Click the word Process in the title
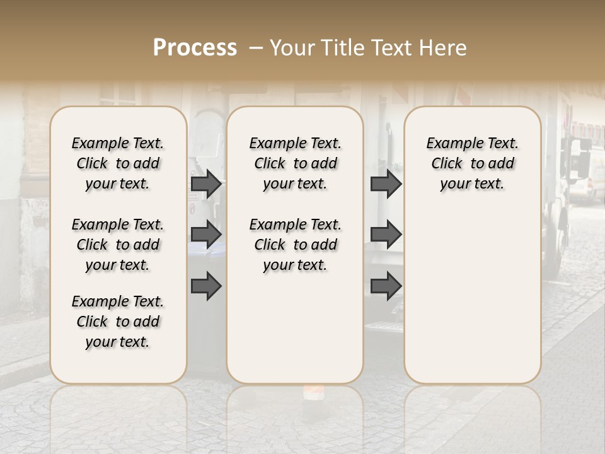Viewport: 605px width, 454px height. [x=195, y=48]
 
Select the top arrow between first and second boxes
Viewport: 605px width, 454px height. [x=206, y=183]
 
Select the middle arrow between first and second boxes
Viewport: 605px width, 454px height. [x=206, y=235]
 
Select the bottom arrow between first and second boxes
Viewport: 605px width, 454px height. [x=206, y=286]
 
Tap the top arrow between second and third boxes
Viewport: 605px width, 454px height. [x=386, y=183]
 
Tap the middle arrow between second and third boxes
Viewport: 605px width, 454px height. [x=386, y=235]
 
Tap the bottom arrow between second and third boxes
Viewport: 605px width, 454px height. [x=386, y=286]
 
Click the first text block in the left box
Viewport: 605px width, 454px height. [x=118, y=163]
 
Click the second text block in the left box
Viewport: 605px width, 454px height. [x=118, y=245]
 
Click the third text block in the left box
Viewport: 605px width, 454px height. [x=118, y=322]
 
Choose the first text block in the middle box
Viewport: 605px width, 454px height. [x=295, y=163]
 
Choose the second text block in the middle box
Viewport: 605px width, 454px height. [x=295, y=245]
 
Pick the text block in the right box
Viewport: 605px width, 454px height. [x=472, y=163]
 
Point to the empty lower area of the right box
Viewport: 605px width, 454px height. [x=472, y=303]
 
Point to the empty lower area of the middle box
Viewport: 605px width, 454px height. [x=295, y=328]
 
